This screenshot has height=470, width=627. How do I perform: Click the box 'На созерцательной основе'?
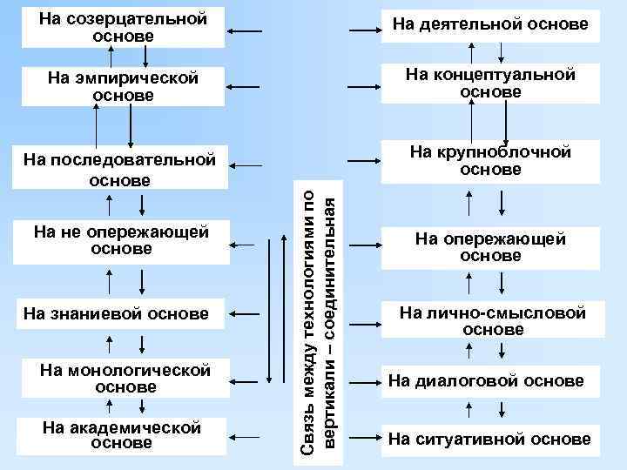click(123, 28)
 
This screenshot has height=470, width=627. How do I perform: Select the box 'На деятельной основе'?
click(489, 25)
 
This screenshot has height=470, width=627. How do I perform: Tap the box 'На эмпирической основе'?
click(123, 87)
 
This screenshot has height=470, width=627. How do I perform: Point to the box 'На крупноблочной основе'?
click(491, 161)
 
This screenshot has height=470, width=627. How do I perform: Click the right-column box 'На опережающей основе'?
click(491, 247)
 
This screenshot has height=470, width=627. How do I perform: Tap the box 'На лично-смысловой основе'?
click(493, 321)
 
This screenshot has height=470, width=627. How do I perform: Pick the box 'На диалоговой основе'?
click(486, 380)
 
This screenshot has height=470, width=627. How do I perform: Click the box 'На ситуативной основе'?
click(489, 439)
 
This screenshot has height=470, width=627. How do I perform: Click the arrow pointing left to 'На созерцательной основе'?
click(247, 32)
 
